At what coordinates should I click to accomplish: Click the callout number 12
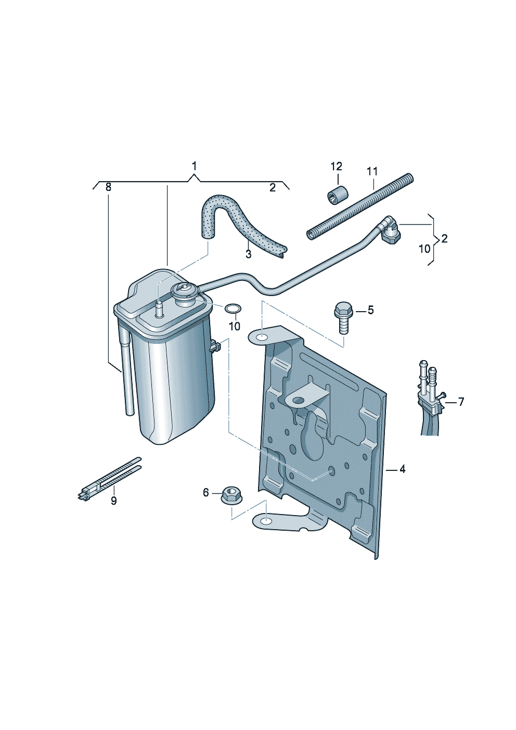click(x=337, y=167)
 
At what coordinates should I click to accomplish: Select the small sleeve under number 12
click(x=338, y=195)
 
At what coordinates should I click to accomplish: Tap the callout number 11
click(x=372, y=171)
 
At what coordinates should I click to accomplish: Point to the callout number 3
click(x=248, y=254)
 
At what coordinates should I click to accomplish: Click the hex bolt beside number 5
click(x=342, y=318)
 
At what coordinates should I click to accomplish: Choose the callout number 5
click(x=371, y=310)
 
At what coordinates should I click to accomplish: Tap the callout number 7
click(x=461, y=402)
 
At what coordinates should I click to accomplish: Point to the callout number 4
click(x=402, y=469)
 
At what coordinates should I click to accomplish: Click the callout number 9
click(x=113, y=510)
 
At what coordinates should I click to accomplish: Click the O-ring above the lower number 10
click(x=233, y=309)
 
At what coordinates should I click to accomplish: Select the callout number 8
click(x=108, y=187)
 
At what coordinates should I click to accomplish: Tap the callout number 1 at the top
click(x=194, y=167)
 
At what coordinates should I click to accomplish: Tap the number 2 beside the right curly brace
click(x=444, y=238)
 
